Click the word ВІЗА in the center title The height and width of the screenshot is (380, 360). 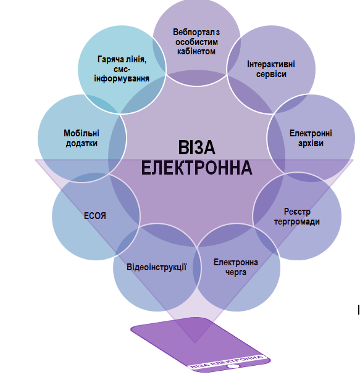tap(197, 147)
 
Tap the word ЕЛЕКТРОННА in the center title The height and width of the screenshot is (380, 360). tap(197, 168)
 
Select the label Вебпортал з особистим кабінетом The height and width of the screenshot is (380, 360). tap(196, 42)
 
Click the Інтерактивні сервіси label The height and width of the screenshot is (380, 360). tap(271, 69)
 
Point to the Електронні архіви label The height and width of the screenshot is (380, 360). tap(311, 138)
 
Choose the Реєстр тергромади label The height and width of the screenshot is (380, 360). tap(297, 217)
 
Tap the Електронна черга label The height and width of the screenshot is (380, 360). tap(235, 267)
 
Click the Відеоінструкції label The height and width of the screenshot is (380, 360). tap(156, 267)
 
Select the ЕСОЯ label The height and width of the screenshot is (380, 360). tap(95, 216)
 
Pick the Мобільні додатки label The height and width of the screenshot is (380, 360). tap(82, 138)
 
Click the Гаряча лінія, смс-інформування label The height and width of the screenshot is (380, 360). tap(122, 69)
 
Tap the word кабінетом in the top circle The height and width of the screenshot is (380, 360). tap(196, 51)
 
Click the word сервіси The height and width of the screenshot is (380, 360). tap(271, 74)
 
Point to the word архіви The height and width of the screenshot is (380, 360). tap(311, 143)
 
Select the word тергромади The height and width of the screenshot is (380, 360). tap(297, 221)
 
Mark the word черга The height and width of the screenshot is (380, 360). tap(235, 272)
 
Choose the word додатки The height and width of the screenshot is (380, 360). tap(82, 143)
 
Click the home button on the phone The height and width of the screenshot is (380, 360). tap(233, 366)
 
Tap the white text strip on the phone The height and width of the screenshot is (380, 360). tap(227, 362)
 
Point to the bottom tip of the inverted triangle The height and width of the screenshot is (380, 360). tap(195, 343)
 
